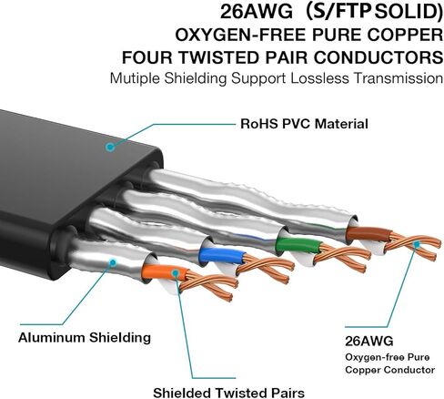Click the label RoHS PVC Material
coord(304,124)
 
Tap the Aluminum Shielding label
coord(85,338)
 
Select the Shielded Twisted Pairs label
coord(228,393)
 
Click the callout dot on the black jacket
coord(110,148)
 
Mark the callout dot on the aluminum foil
coord(113,262)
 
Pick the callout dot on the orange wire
coord(175,273)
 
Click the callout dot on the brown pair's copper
coord(417,244)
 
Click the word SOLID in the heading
coord(409,12)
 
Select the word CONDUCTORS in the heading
coord(378,57)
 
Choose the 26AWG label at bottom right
coord(369,342)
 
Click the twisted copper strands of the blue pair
coord(265,268)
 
